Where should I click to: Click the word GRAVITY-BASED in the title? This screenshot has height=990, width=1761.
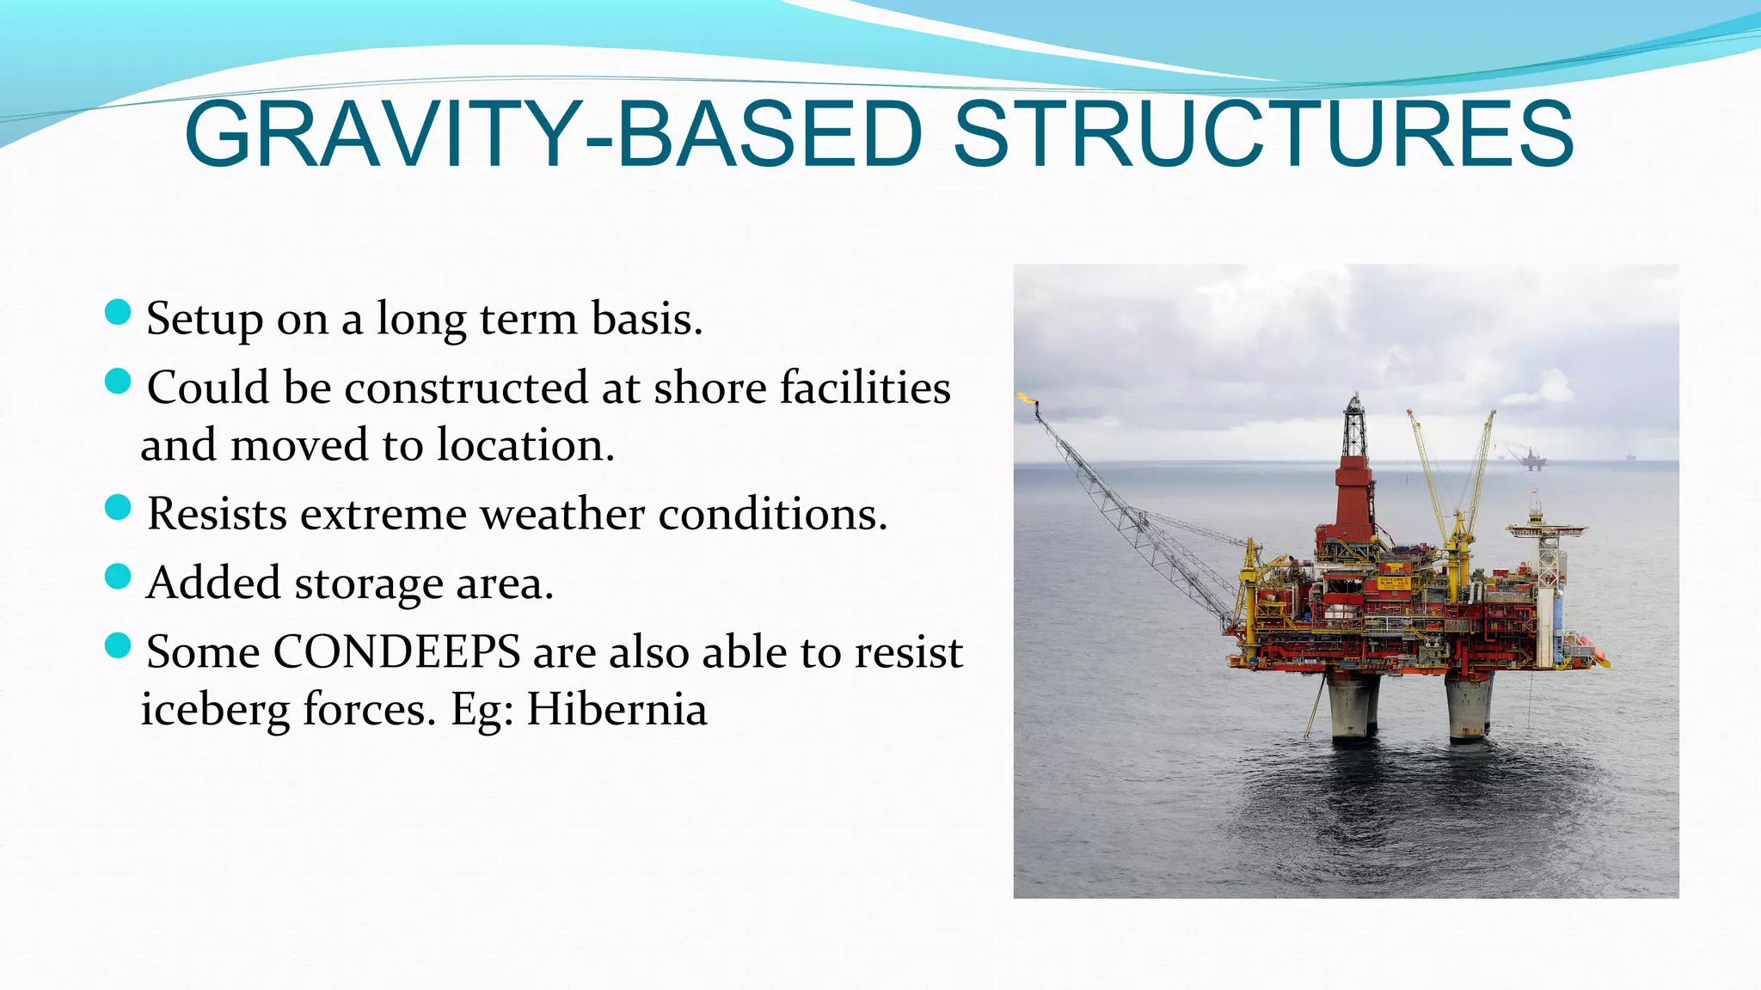552,136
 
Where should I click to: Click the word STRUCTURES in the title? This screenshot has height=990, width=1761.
1263,136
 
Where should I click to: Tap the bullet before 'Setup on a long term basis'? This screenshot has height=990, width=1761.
117,313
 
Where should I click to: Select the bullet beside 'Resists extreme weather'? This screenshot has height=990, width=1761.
117,508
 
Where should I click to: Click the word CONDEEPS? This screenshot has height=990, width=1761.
396,651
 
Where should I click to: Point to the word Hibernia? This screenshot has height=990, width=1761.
617,710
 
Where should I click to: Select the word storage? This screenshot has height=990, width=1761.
369,584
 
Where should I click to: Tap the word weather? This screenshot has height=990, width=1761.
561,515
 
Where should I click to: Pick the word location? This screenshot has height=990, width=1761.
525,445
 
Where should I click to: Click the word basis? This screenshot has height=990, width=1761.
647,319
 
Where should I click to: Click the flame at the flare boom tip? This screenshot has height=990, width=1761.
1025,398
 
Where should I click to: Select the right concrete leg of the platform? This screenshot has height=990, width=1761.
1468,706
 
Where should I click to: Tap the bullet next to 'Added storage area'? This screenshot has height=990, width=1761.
117,577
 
